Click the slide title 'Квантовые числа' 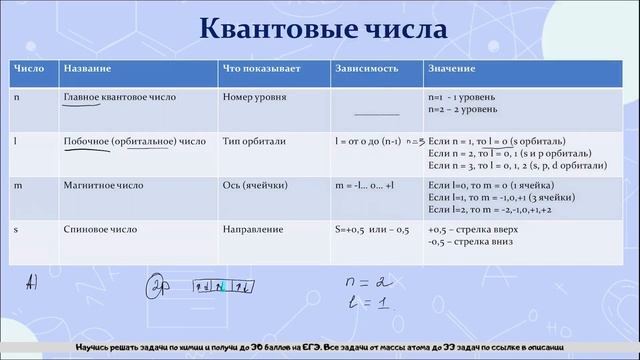(x=319, y=29)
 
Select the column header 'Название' (x=86, y=73)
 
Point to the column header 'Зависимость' (x=367, y=73)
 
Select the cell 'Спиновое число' (x=99, y=229)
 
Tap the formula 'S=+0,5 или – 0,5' (x=372, y=229)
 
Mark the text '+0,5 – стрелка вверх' (x=474, y=229)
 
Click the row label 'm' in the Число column (x=17, y=186)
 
